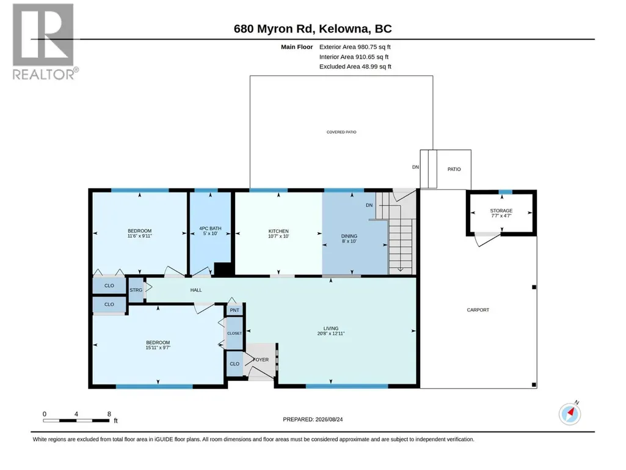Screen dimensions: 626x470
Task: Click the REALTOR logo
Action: click(43, 42)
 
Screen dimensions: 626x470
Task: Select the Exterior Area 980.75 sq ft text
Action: click(355, 47)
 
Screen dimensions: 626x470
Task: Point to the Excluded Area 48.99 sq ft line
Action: click(355, 67)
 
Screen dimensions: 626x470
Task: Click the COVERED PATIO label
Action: click(341, 132)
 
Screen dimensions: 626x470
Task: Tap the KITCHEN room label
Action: click(278, 231)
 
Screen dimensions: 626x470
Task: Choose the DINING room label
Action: click(349, 236)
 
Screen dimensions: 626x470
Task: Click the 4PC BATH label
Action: click(210, 229)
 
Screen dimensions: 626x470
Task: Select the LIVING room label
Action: click(330, 328)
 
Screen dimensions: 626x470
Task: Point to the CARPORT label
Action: click(478, 310)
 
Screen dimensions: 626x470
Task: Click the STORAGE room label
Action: click(501, 211)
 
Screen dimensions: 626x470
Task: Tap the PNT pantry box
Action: click(235, 310)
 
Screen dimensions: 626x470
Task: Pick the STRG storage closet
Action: click(136, 290)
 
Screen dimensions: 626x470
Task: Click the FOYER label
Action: click(261, 360)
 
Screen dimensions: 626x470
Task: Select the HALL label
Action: click(196, 290)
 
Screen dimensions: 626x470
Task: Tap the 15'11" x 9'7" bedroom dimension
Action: click(158, 348)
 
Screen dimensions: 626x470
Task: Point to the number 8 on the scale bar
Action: click(109, 414)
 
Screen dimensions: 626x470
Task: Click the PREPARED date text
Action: click(313, 419)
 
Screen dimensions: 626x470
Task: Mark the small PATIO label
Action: click(454, 169)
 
